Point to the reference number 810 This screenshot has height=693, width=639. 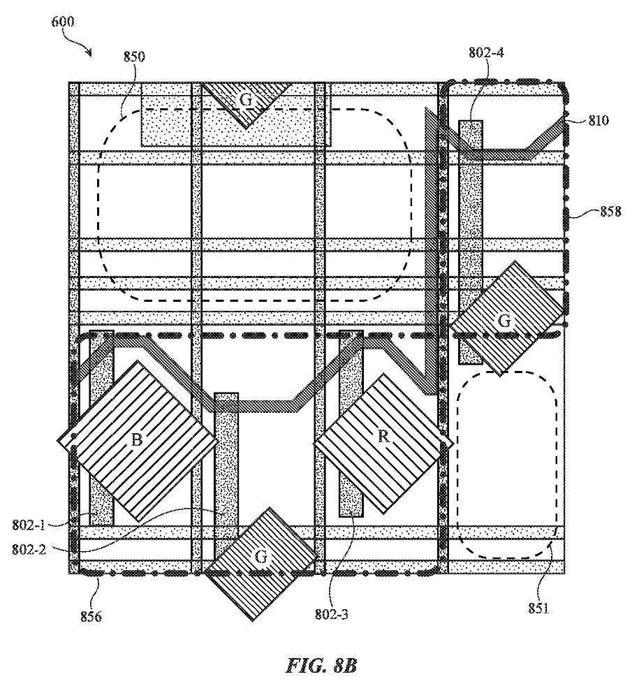(x=598, y=120)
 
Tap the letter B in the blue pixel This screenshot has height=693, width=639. (x=137, y=439)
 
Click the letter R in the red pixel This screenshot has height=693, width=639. (x=383, y=437)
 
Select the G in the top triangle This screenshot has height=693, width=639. (x=246, y=99)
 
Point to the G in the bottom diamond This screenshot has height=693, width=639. (x=260, y=557)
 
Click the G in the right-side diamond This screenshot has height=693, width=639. (x=504, y=321)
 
